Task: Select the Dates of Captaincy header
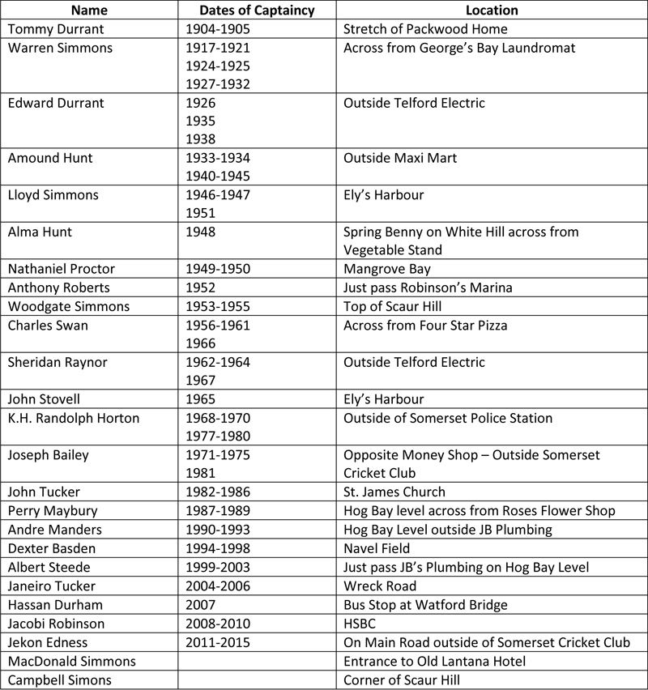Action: (257, 11)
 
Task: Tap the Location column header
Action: (492, 11)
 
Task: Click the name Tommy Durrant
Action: (49, 29)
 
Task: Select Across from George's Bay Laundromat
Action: (459, 48)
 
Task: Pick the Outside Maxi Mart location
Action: (400, 158)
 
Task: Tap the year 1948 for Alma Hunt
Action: (201, 232)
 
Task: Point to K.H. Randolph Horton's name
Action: (74, 418)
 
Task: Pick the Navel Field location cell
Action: (377, 547)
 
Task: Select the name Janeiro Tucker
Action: (51, 585)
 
